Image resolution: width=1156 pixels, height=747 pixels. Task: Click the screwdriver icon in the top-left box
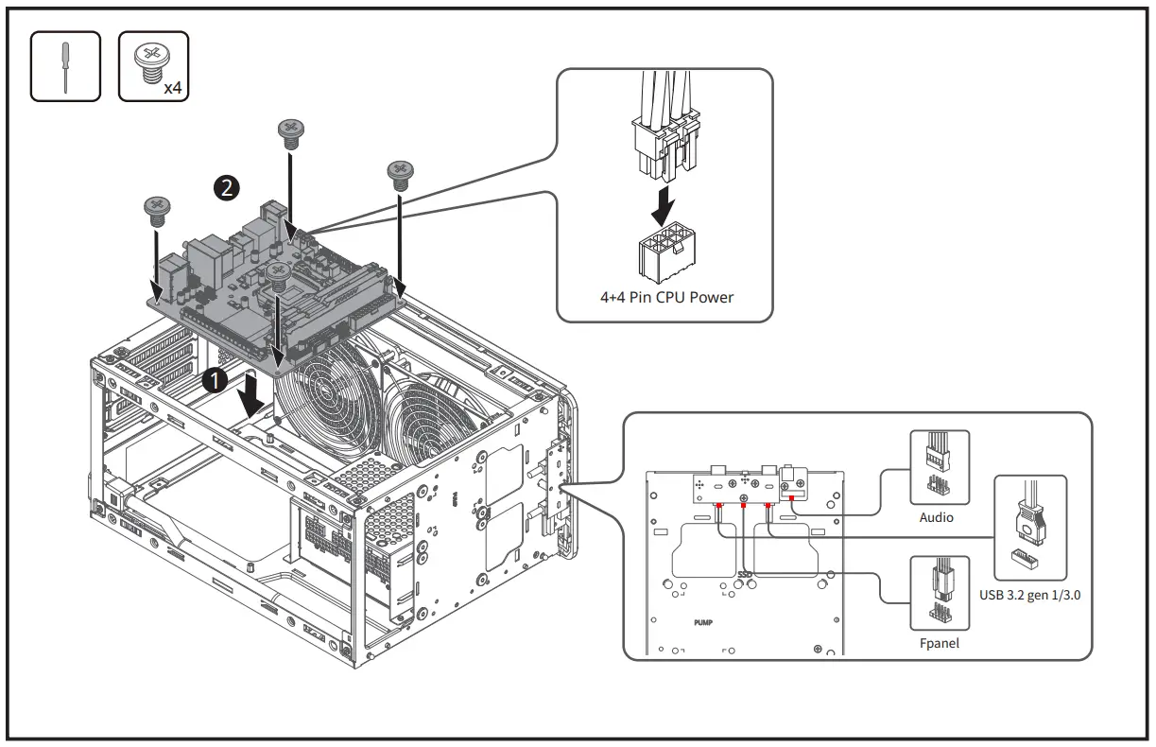(64, 66)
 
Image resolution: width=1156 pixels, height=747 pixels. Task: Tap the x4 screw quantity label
(172, 88)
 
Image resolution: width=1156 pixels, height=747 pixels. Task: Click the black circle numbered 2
(226, 188)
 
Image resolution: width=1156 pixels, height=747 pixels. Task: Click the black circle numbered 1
(215, 380)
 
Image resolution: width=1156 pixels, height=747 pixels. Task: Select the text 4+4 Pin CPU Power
(666, 297)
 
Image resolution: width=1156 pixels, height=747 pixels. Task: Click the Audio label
(936, 518)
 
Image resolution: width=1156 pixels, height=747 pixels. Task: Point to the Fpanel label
(938, 643)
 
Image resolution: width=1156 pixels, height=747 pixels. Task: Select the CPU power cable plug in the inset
(665, 142)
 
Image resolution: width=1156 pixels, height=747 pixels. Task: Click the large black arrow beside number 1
(251, 396)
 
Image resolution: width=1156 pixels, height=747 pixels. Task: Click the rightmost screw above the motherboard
(400, 172)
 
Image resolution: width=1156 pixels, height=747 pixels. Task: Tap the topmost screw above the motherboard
(289, 130)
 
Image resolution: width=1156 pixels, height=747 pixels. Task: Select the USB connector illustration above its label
(1030, 530)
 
